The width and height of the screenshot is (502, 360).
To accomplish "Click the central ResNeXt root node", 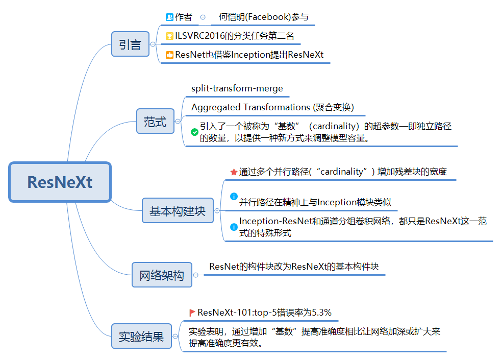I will pos(60,182).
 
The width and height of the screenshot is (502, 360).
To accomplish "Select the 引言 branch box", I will pos(130,44).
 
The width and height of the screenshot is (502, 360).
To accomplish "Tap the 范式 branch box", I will pos(155,122).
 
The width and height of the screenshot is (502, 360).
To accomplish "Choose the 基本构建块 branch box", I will pos(178,210).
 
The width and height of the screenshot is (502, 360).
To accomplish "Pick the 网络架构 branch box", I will pos(162,276).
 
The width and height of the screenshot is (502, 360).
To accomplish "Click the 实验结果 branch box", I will pos(141,337).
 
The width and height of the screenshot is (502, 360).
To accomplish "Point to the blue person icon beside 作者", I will pos(170,17).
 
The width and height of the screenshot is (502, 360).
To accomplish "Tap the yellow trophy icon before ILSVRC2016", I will pos(170,36).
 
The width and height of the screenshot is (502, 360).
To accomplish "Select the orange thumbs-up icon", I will pos(170,55).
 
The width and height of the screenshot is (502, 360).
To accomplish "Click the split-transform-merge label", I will pos(237,88).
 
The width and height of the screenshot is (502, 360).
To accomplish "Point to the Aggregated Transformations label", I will pos(272,107).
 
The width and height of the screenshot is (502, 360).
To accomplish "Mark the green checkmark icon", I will pos(194,132).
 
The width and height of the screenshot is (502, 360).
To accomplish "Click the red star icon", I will pos(234,172).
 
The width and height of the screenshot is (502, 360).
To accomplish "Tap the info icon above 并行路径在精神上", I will pos(234,196).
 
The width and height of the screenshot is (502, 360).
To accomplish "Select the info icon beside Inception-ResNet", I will pos(234,226).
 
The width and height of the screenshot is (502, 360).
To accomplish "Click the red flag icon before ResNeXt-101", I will pos(192,313).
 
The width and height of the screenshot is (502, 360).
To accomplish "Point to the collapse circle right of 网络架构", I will pos(195,275).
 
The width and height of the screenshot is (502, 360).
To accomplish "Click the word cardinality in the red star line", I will pos(345,172).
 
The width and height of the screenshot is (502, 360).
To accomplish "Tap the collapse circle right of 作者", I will pos(203,17).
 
